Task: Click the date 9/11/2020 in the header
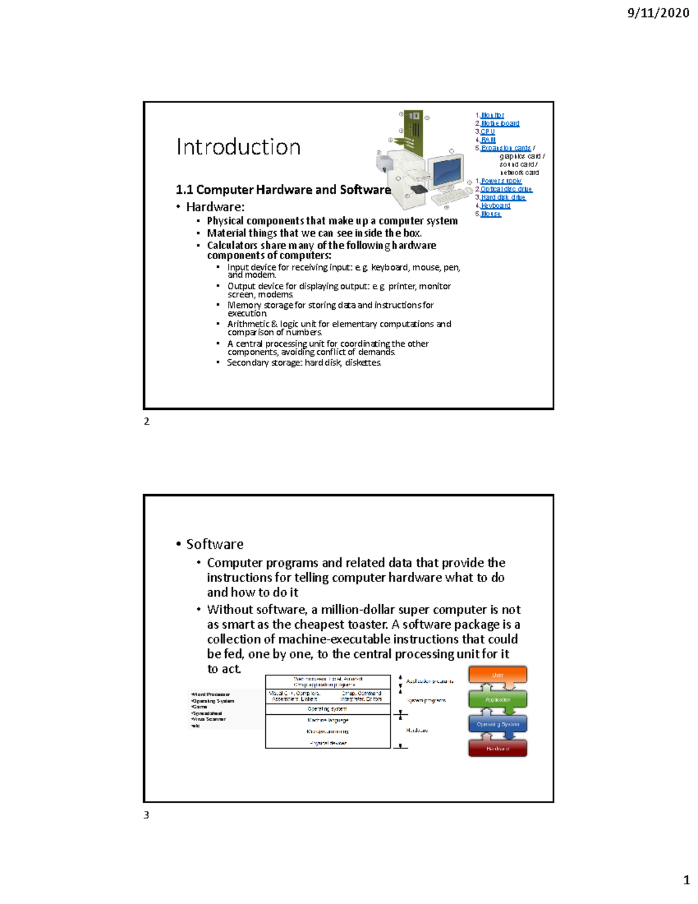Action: click(x=658, y=13)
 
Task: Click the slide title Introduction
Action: click(x=238, y=147)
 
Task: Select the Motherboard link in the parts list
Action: click(x=500, y=123)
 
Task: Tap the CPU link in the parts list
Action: click(x=487, y=132)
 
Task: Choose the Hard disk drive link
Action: click(x=503, y=197)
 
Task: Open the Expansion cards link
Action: click(x=505, y=148)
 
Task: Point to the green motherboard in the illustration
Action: click(x=413, y=129)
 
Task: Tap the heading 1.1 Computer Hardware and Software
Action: click(x=283, y=190)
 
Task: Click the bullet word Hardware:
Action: click(x=215, y=207)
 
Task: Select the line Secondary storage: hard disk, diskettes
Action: click(x=304, y=363)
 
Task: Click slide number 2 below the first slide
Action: click(x=147, y=421)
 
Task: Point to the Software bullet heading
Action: click(x=215, y=544)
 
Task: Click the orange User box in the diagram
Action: click(x=498, y=675)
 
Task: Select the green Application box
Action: click(x=498, y=699)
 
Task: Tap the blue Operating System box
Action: click(x=498, y=724)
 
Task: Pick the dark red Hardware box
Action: click(x=498, y=749)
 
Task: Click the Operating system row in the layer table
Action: click(x=327, y=709)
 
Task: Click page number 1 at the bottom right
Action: click(x=686, y=880)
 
